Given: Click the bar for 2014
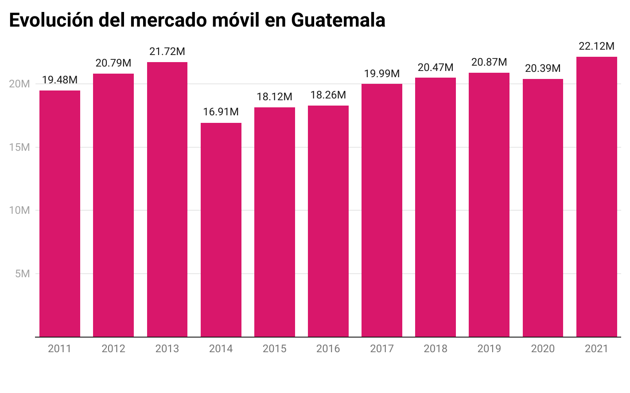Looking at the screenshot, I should coord(221,230).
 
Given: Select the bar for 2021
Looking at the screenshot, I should coord(596,196).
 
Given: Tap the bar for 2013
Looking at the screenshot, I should coord(167,199).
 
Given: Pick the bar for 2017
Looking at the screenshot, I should coord(381,210).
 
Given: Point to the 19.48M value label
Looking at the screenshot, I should coord(60,80).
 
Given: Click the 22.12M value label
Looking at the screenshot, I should coord(596,46).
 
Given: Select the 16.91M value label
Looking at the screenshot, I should coord(221,112).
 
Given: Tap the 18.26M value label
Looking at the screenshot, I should coord(328,95).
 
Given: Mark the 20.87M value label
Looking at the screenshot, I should coord(489,62).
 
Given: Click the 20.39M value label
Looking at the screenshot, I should coord(543,68).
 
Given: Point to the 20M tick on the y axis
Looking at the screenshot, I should coord(19,84).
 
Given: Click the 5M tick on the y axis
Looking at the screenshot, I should coord(23,274).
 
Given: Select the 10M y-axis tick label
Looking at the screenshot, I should coord(19,210).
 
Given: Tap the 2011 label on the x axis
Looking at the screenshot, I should coord(60,349).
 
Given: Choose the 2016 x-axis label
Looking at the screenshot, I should coord(328,349).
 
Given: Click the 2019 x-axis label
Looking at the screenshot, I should coord(489,349).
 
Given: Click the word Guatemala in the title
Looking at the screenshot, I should coord(338,20).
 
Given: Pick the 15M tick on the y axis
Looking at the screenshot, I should coord(19,147).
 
